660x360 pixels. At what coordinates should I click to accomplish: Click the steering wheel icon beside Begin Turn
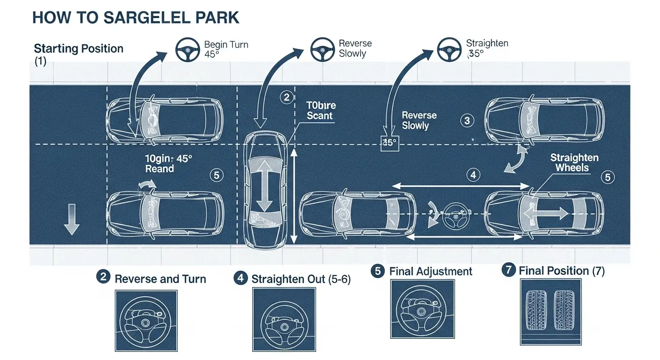tap(187, 49)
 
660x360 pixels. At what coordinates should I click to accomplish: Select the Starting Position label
tap(79, 49)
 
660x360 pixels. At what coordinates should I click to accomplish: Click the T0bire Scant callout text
tap(320, 111)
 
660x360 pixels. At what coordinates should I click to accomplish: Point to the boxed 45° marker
tap(389, 142)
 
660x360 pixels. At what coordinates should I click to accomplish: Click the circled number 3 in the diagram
tap(467, 120)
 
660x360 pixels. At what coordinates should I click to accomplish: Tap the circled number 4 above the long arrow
tap(473, 175)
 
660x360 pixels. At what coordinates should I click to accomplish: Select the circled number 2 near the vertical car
tap(286, 97)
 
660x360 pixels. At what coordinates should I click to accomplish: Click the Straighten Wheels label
tap(574, 163)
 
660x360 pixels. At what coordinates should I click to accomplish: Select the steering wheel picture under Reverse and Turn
tap(146, 321)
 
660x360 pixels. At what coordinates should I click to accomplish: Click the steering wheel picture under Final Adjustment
tap(422, 309)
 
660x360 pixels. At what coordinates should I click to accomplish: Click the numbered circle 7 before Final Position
tap(508, 270)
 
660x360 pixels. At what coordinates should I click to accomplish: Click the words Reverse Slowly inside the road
tap(419, 120)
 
